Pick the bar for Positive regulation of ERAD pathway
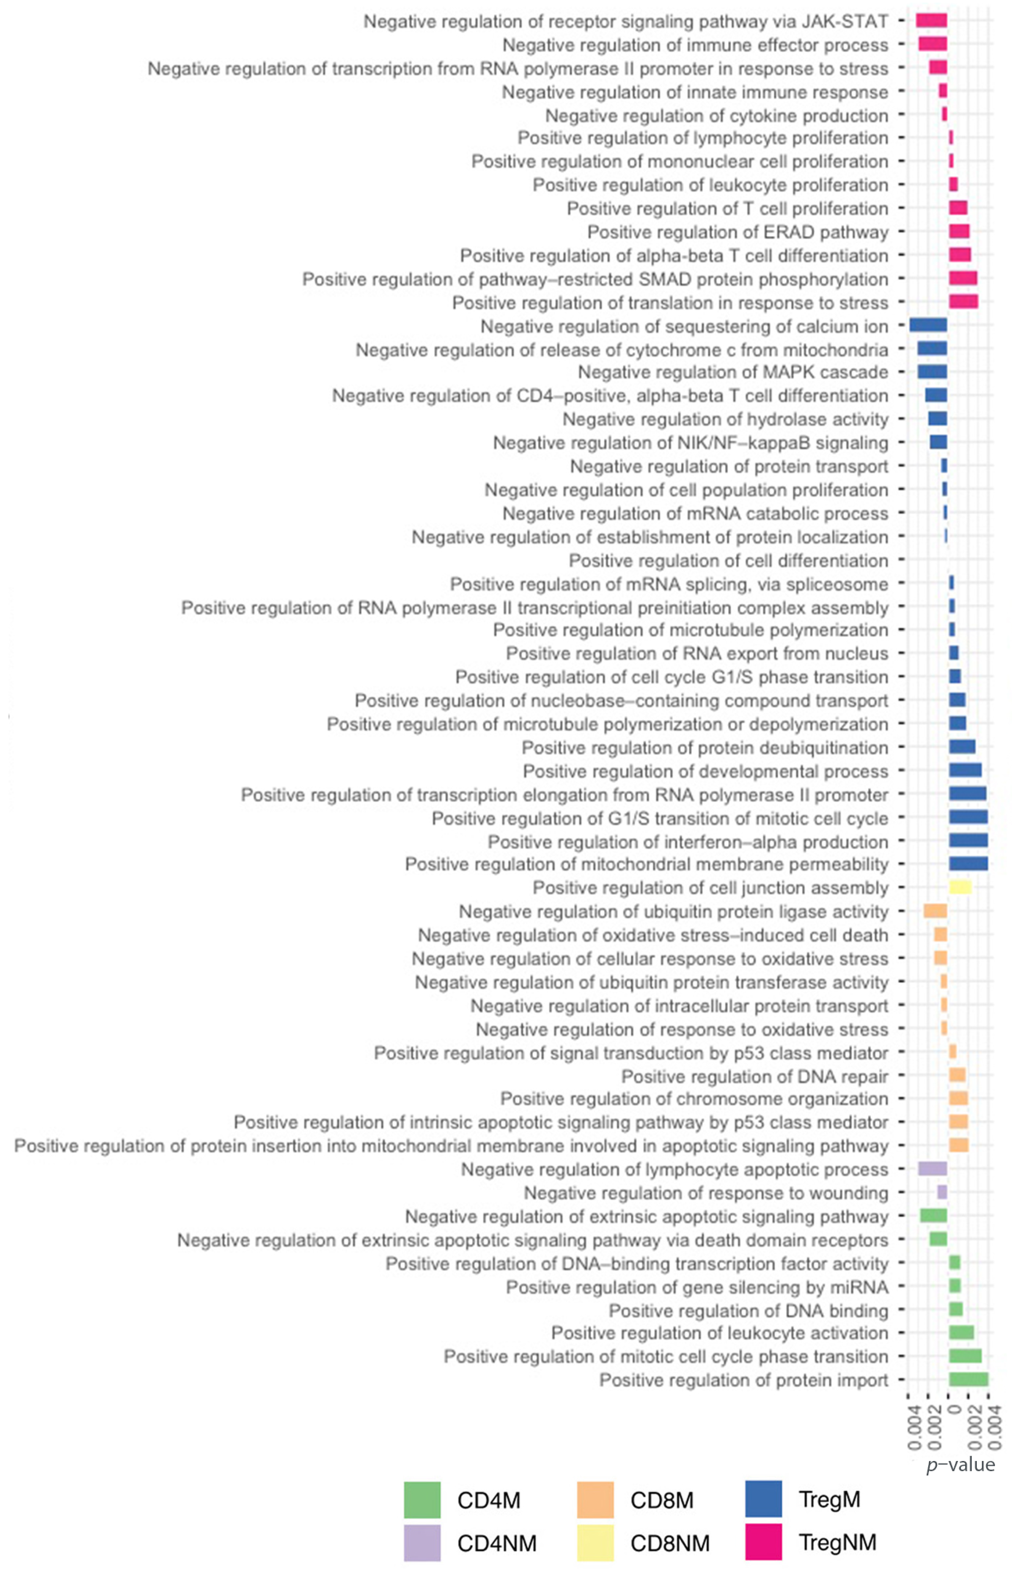pos(959,231)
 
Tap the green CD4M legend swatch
pos(422,1500)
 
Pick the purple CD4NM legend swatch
pos(422,1542)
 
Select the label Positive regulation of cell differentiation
pos(728,560)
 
